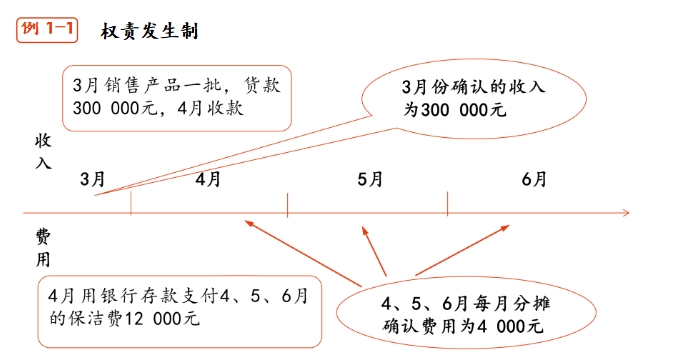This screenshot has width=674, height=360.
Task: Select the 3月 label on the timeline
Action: [x=92, y=179]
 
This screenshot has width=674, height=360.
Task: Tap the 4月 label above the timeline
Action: [x=209, y=179]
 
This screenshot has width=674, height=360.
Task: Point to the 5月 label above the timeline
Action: [x=370, y=179]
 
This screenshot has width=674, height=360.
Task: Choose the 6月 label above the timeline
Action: [x=534, y=179]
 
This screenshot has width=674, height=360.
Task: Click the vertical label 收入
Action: [x=44, y=152]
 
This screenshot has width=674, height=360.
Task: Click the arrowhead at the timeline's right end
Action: [x=625, y=212]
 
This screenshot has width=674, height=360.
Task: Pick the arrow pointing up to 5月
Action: [x=372, y=250]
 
